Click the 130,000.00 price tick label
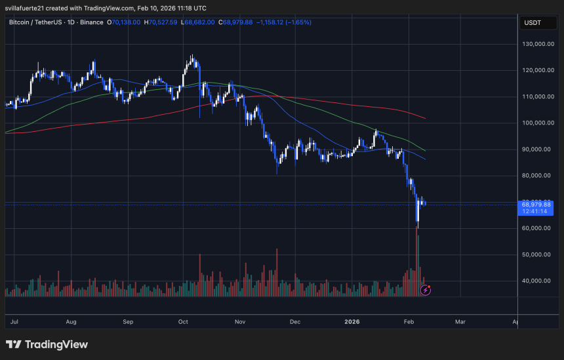[535, 44]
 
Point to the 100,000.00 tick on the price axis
[535, 123]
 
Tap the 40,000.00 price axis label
[535, 281]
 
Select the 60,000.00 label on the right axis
[535, 228]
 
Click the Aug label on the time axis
[71, 322]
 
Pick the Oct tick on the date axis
[183, 322]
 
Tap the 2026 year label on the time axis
[352, 322]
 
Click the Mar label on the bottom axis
[460, 322]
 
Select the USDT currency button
[533, 23]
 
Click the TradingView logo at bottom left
[47, 345]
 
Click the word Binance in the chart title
[91, 22]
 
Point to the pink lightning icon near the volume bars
[425, 289]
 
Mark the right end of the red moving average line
[426, 119]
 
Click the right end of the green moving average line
[426, 150]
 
